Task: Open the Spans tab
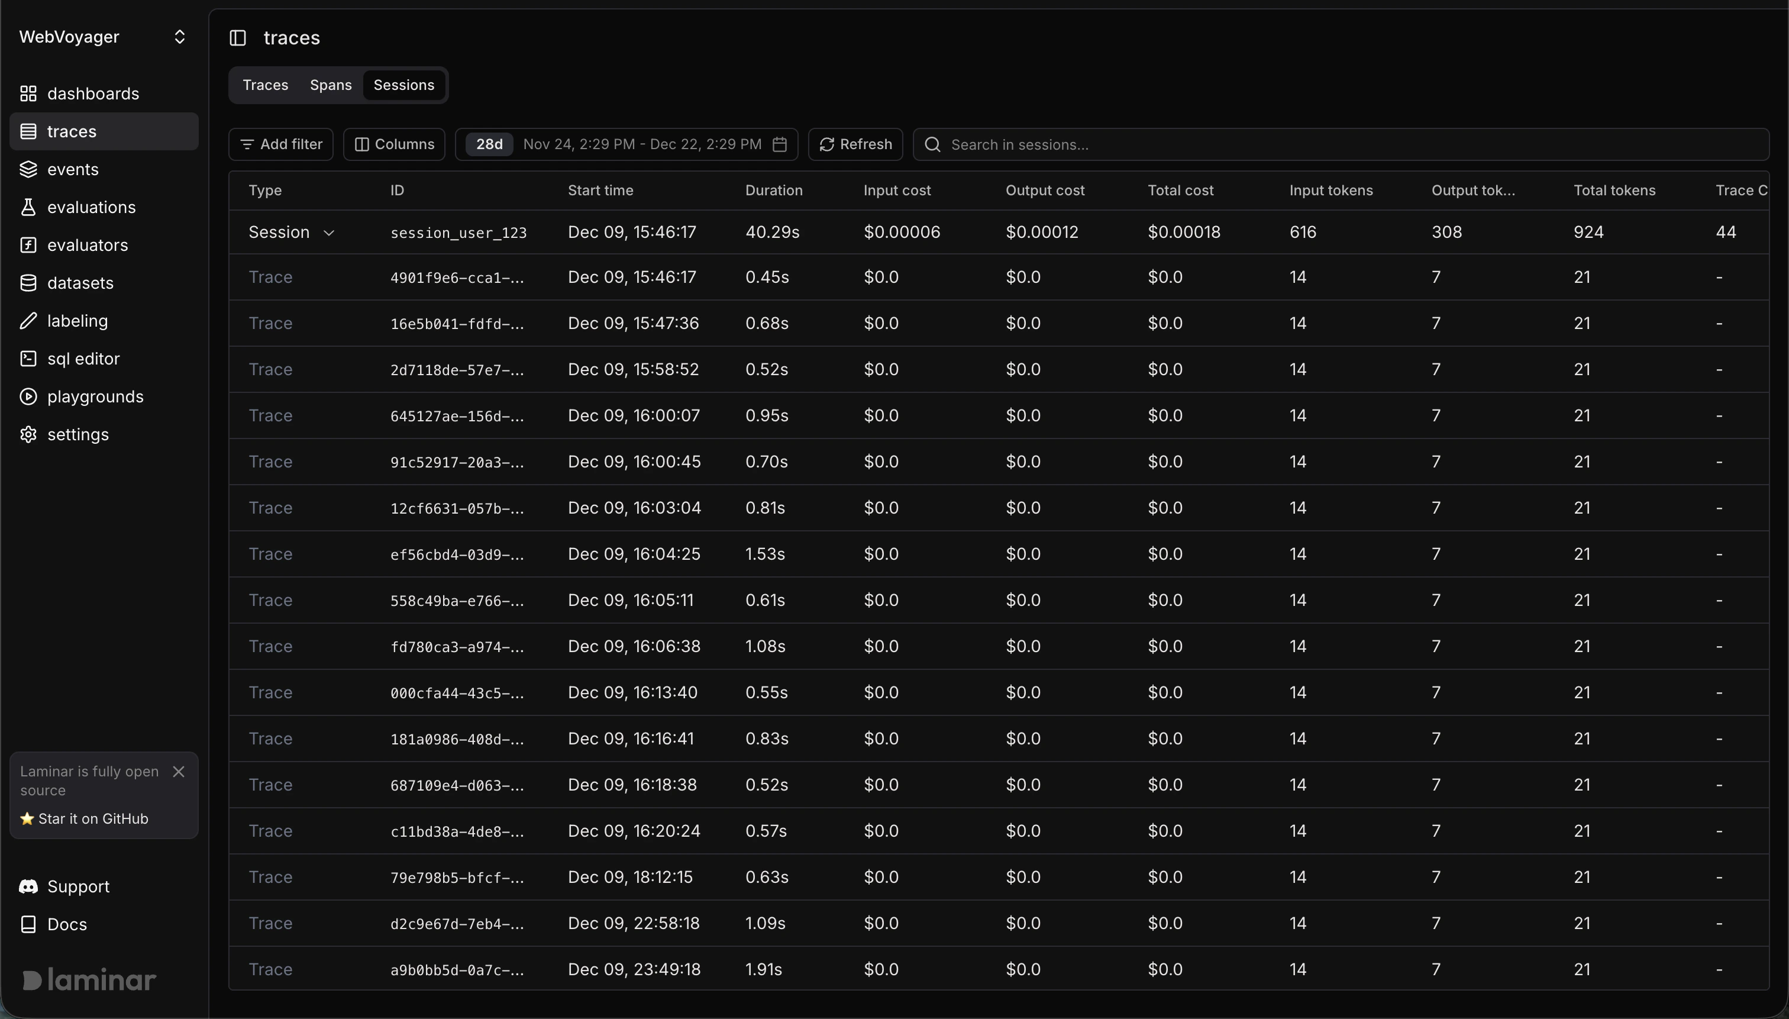[x=330, y=85]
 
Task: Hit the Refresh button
[x=855, y=144]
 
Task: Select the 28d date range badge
[x=489, y=144]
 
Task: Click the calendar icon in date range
[x=779, y=144]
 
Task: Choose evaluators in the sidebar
[x=88, y=245]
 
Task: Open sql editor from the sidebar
[x=83, y=359]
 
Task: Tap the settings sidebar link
[x=77, y=434]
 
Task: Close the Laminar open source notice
[x=179, y=771]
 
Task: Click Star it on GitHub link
[x=85, y=819]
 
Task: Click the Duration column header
[x=773, y=191]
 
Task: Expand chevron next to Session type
[x=329, y=233]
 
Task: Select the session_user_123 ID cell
[x=458, y=233]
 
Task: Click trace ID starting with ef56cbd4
[x=457, y=554]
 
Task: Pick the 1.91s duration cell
[x=763, y=969]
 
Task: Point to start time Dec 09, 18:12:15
[x=629, y=877]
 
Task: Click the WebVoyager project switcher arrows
[x=180, y=37]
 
